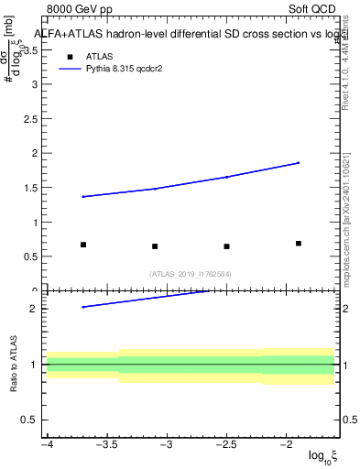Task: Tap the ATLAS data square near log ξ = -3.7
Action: pyautogui.click(x=83, y=245)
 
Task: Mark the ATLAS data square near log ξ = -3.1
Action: pyautogui.click(x=155, y=246)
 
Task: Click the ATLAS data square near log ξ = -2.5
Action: pyautogui.click(x=226, y=246)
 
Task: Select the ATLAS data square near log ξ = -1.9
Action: pyautogui.click(x=299, y=244)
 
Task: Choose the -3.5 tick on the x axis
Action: pyautogui.click(x=107, y=444)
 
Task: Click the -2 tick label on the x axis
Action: pyautogui.click(x=286, y=444)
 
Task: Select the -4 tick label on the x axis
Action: pyautogui.click(x=47, y=444)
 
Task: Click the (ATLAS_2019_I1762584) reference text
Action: pyautogui.click(x=191, y=273)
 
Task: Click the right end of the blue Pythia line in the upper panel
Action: pyautogui.click(x=299, y=163)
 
